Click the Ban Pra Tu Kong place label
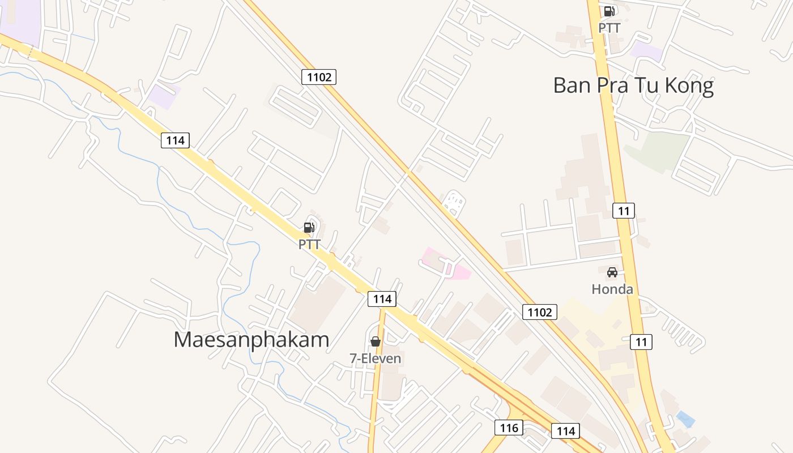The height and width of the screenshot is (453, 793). pyautogui.click(x=633, y=86)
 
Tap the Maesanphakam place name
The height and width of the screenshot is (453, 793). pyautogui.click(x=251, y=340)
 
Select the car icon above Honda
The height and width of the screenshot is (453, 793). pyautogui.click(x=612, y=272)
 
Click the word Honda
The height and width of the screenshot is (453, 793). pyautogui.click(x=612, y=289)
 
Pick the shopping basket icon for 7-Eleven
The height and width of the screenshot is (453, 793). pyautogui.click(x=375, y=341)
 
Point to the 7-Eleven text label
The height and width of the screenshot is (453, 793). pyautogui.click(x=375, y=358)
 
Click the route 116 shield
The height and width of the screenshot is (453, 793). pyautogui.click(x=509, y=428)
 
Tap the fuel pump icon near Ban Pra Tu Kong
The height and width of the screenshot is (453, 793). pyautogui.click(x=609, y=11)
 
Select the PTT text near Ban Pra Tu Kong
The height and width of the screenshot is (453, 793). pyautogui.click(x=609, y=28)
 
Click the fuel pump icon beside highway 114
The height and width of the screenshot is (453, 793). pyautogui.click(x=309, y=228)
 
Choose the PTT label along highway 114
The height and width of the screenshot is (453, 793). pyautogui.click(x=309, y=245)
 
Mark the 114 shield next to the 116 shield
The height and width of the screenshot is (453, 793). pyautogui.click(x=565, y=431)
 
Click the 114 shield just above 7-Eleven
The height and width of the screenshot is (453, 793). pyautogui.click(x=382, y=299)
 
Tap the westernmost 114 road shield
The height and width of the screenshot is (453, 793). pyautogui.click(x=175, y=140)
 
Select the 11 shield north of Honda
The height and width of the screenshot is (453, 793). pyautogui.click(x=623, y=211)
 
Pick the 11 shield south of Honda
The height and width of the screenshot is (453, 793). pyautogui.click(x=641, y=342)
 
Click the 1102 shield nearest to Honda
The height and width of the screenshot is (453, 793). pyautogui.click(x=539, y=312)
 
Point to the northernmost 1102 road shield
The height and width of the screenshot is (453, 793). pyautogui.click(x=319, y=77)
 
